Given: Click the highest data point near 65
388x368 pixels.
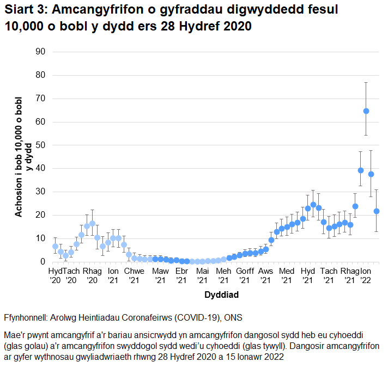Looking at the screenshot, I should tap(366, 111).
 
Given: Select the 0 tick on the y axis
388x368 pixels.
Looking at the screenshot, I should tap(40, 262).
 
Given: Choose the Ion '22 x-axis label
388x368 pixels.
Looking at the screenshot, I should tap(366, 275).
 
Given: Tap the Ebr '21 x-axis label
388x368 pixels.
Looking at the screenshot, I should tap(181, 275).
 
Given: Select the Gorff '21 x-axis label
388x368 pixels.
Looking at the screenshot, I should tap(245, 275).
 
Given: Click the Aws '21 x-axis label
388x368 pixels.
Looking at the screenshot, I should tap(265, 275).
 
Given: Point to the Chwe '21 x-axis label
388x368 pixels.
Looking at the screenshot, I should tap(134, 275).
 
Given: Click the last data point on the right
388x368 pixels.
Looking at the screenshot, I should tap(377, 211).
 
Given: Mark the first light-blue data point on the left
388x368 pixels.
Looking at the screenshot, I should tap(55, 247).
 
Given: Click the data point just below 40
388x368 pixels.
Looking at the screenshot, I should tap(361, 170).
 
